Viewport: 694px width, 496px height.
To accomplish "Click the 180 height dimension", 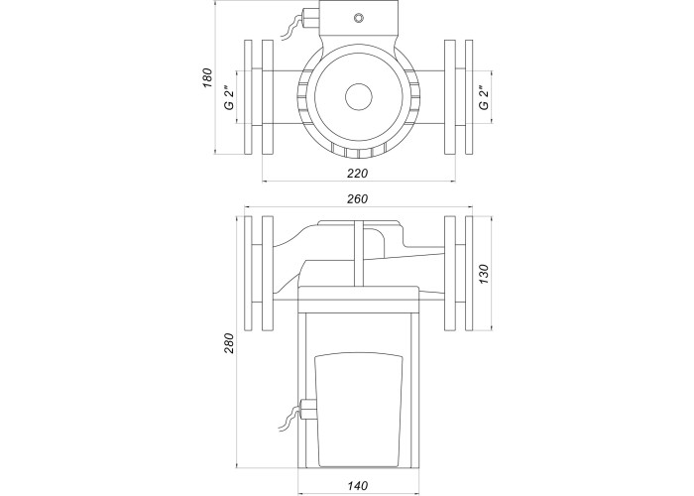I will [x=207, y=79].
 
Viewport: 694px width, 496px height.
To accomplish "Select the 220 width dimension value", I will [x=358, y=173].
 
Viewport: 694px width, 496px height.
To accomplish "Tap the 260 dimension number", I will [x=358, y=199].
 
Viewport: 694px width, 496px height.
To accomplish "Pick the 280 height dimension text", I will [x=229, y=343].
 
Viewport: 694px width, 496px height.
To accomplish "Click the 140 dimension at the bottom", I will [x=358, y=485].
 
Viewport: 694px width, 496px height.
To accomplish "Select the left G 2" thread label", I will [x=228, y=96].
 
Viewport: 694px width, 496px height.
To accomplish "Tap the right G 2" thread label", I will [x=484, y=96].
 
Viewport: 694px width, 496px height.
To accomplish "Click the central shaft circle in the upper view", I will [x=358, y=97].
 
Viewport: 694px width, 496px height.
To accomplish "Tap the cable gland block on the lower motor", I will [x=305, y=409].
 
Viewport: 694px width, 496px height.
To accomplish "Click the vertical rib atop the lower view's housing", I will [x=358, y=253].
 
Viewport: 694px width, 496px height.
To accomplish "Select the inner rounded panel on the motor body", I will [x=358, y=407].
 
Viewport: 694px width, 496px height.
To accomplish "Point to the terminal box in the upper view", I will [x=359, y=21].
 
